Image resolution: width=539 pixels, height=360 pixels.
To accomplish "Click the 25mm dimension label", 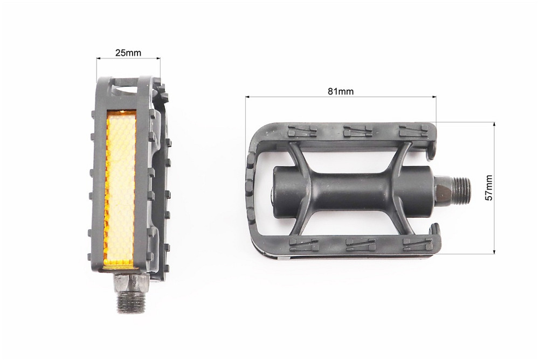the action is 128,53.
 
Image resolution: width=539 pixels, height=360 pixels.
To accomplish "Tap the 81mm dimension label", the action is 340,91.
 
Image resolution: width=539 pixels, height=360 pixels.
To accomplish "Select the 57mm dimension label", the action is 489,188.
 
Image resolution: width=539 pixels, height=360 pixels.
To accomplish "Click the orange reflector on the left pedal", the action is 121,190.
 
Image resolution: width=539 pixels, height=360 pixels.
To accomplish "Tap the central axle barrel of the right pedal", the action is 354,190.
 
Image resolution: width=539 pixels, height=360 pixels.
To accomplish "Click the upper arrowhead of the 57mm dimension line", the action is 494,125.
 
